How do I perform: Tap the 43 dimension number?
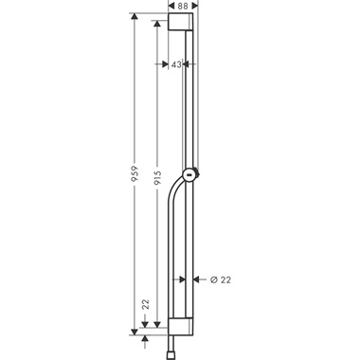coord(175,64)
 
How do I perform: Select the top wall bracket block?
coord(183,24)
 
